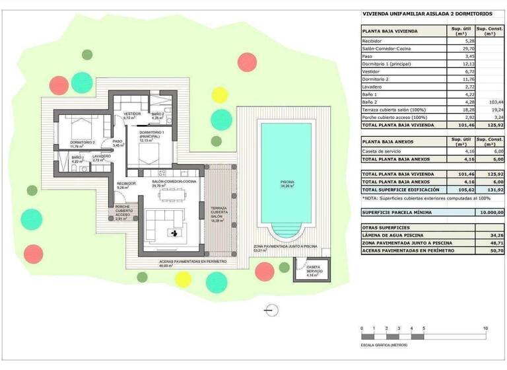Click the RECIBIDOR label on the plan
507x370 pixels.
tap(126, 184)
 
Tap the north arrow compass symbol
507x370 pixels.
tap(269, 309)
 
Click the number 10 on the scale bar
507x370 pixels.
tap(485, 328)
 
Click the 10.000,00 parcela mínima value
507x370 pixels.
tap(490, 212)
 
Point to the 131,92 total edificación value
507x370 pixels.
tap(494, 190)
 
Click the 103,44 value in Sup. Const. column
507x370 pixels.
tap(494, 102)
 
